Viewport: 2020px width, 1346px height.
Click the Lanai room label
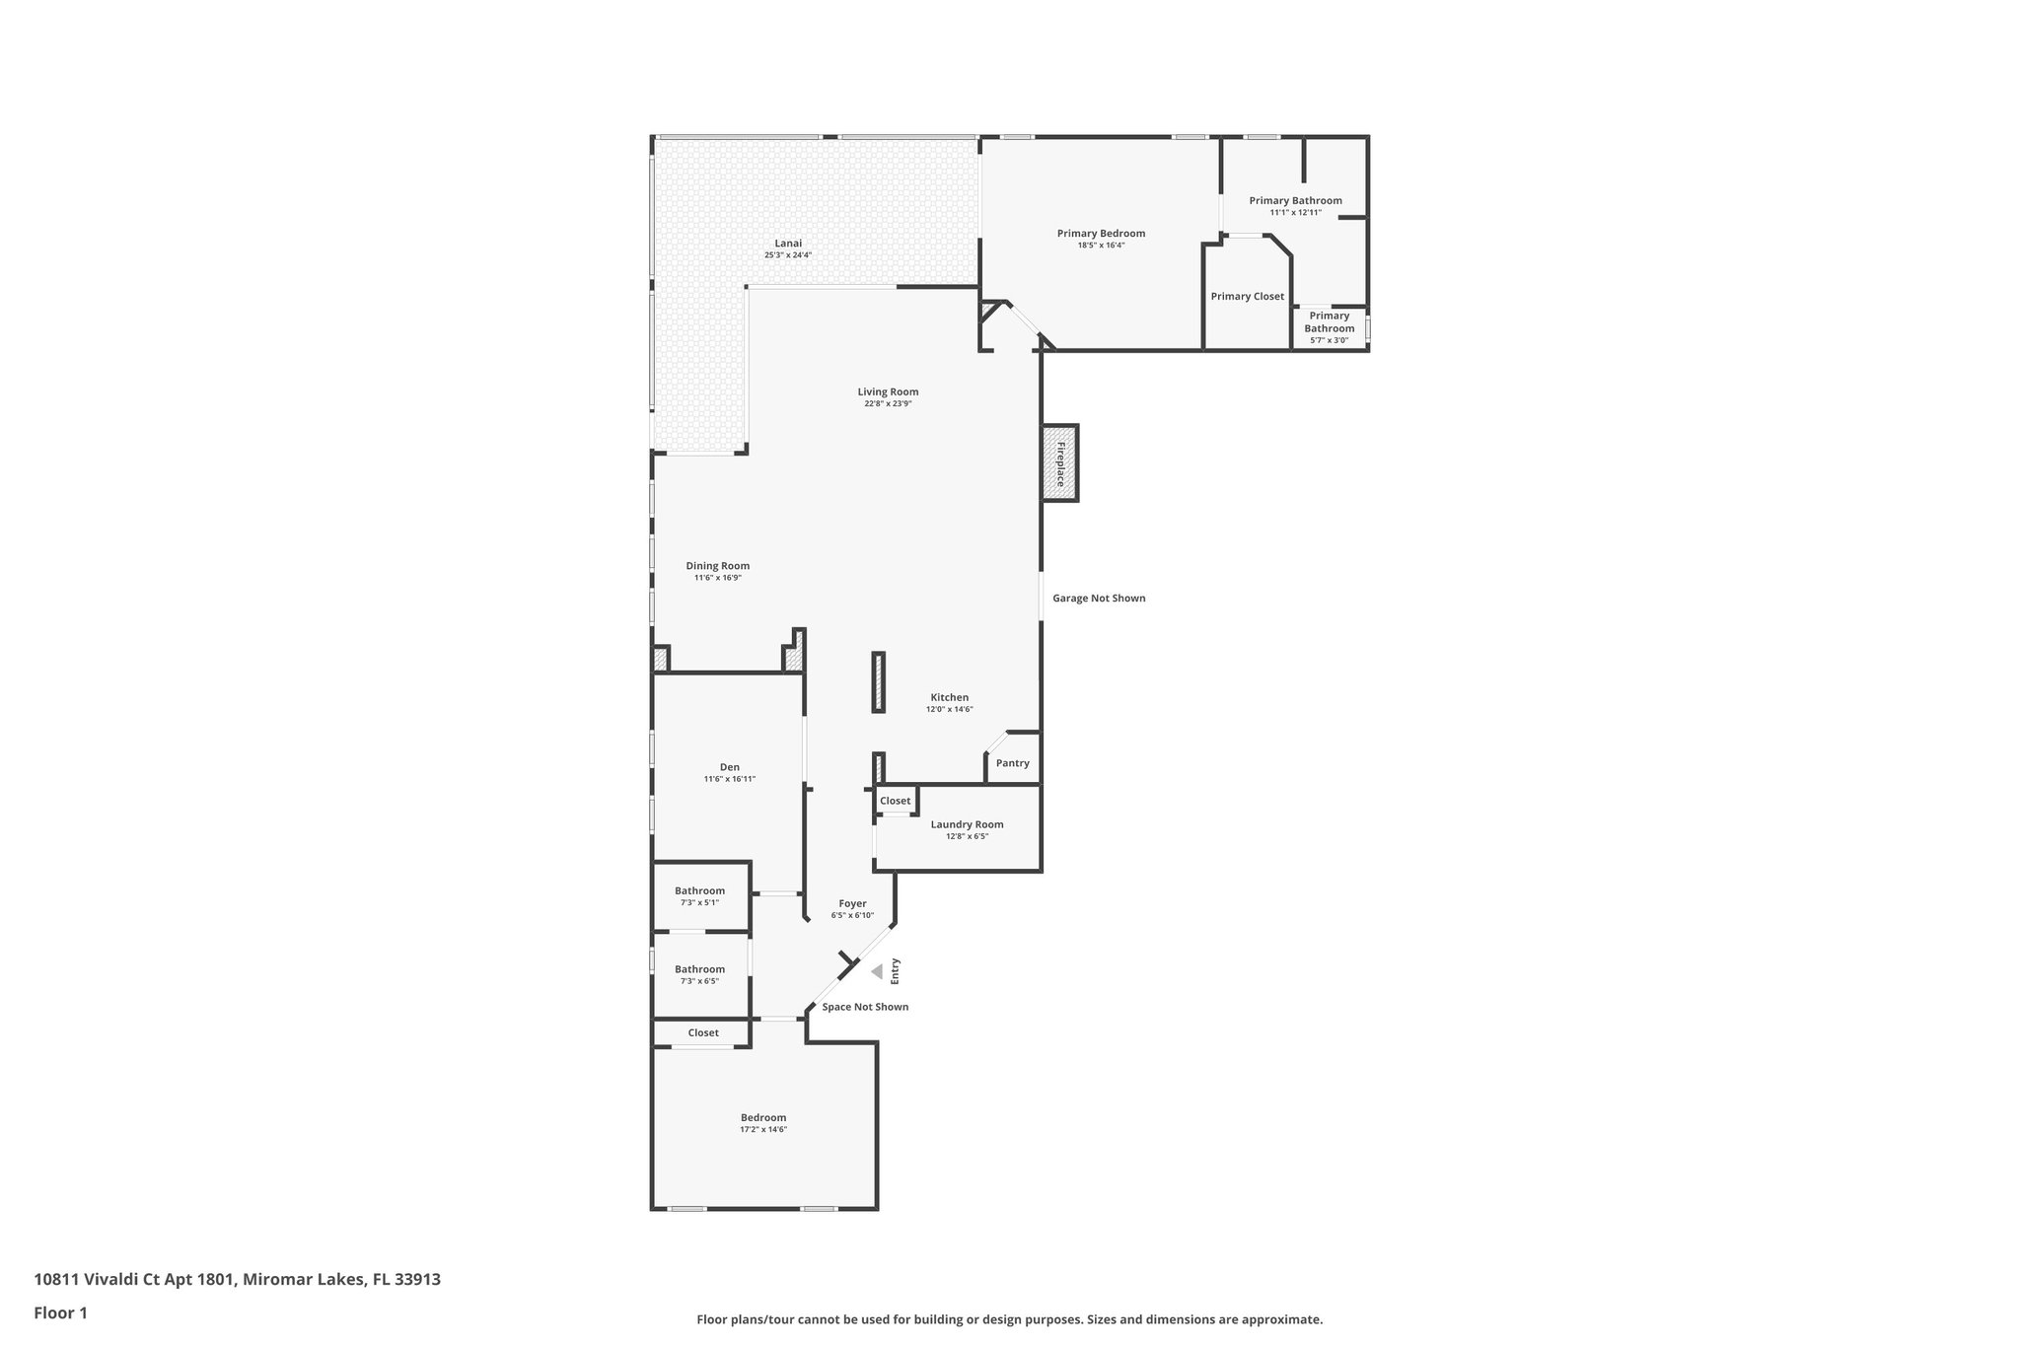click(787, 244)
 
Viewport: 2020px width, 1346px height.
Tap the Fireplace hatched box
click(1060, 463)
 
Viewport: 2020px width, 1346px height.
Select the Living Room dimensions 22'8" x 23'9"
click(888, 403)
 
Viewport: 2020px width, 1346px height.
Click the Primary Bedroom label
click(1101, 234)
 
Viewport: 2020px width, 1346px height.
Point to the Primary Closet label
click(1247, 296)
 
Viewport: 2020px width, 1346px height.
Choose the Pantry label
click(1012, 763)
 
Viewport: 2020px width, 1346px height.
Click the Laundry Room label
click(967, 824)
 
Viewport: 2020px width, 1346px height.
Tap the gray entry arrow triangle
click(876, 972)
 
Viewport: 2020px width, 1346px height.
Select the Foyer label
click(852, 903)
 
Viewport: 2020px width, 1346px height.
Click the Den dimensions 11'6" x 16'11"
click(729, 779)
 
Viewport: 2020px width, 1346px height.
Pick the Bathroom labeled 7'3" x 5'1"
click(699, 895)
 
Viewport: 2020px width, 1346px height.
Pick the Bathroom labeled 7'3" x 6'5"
click(699, 974)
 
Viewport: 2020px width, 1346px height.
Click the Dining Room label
click(717, 566)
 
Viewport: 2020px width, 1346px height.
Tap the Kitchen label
click(949, 697)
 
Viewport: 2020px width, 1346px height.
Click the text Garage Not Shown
click(1098, 599)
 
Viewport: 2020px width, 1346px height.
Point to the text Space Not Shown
click(865, 1007)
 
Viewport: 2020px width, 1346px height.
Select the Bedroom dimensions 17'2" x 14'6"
click(763, 1129)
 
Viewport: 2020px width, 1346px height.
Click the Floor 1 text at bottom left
click(60, 1312)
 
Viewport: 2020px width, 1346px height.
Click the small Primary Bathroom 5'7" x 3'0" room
click(1329, 328)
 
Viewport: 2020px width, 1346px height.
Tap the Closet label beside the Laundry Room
click(895, 801)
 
